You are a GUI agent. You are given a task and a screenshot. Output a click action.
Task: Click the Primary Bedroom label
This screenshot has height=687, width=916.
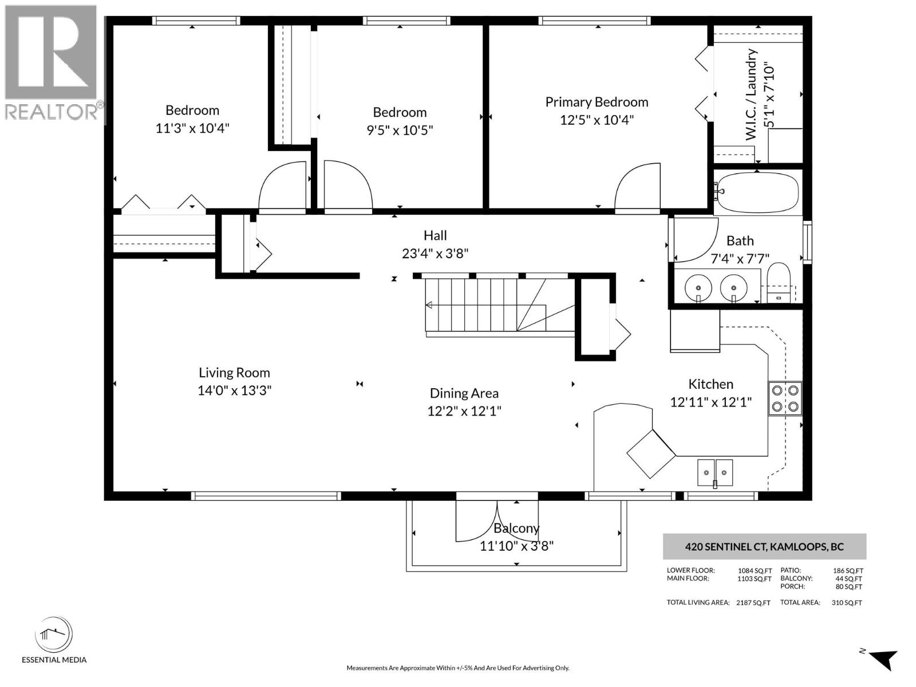click(597, 102)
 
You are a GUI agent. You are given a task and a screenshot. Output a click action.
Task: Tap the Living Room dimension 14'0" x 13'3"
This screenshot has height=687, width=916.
click(234, 390)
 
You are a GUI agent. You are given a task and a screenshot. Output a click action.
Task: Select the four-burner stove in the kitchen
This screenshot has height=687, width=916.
click(785, 398)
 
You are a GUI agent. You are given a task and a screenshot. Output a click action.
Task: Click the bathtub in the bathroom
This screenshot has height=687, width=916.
click(757, 192)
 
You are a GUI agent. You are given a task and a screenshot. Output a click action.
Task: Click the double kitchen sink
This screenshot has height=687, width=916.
click(715, 473)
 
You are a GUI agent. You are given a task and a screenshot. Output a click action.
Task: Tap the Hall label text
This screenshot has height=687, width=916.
click(435, 235)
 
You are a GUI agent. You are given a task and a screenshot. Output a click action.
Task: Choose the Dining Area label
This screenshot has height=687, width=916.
click(464, 393)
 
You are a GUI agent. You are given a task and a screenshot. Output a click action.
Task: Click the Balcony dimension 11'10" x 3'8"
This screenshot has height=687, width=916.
click(516, 546)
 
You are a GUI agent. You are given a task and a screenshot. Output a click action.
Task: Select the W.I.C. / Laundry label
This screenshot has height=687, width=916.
click(751, 94)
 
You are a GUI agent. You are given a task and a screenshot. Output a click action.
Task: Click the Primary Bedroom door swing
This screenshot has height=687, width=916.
click(637, 186)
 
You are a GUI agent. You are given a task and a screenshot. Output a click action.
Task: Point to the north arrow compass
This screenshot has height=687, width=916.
click(882, 658)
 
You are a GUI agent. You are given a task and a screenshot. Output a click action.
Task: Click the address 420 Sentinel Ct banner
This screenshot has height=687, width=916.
click(764, 547)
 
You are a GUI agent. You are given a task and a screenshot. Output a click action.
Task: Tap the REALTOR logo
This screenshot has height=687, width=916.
click(52, 63)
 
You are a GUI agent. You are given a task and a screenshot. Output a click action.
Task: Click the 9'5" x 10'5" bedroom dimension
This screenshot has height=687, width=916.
click(400, 130)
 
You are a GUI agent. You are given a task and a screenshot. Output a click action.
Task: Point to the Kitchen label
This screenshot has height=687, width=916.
click(710, 384)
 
